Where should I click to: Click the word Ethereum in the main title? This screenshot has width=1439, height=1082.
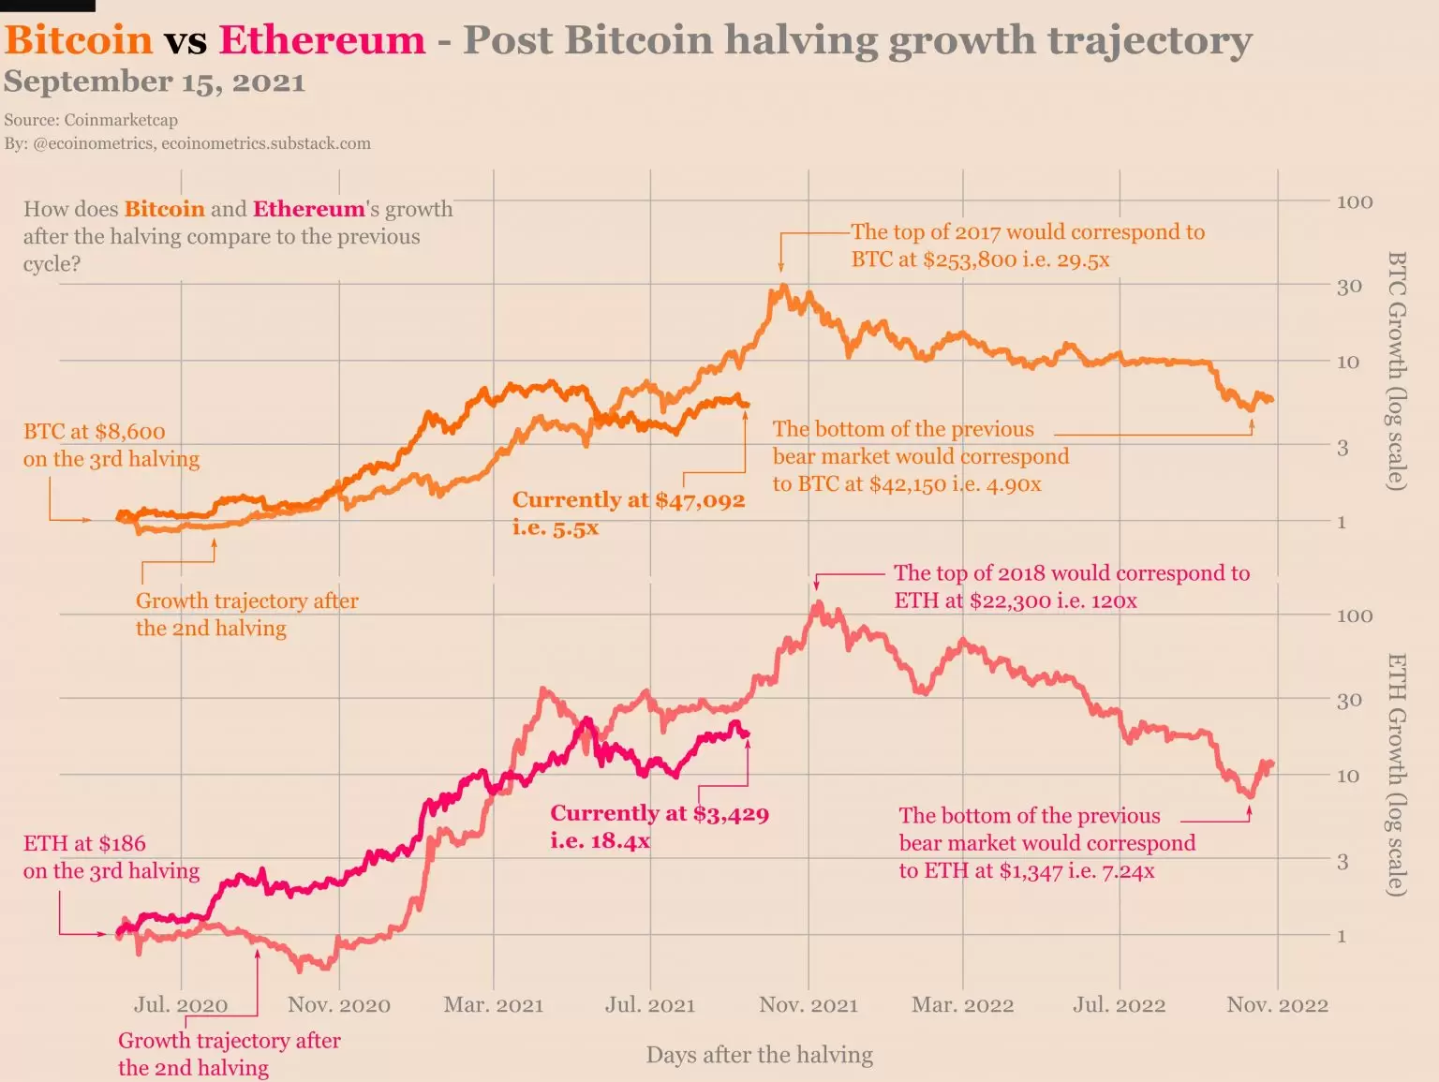(321, 40)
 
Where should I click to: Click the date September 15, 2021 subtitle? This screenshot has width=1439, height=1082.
(155, 82)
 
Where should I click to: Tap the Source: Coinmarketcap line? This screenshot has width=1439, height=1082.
(91, 120)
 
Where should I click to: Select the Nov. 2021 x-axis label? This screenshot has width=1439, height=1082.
(809, 1005)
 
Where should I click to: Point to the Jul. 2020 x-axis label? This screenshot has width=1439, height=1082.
(181, 1005)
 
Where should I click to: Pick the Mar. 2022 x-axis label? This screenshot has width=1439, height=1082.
(962, 1005)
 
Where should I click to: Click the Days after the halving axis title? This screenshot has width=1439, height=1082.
(759, 1055)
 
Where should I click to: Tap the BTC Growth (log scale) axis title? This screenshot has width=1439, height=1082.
(1396, 370)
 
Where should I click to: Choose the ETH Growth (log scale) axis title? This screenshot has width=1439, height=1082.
(1396, 775)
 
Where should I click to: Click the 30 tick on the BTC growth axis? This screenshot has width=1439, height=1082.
(1349, 287)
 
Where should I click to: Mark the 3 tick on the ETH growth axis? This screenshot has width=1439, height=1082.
(1343, 861)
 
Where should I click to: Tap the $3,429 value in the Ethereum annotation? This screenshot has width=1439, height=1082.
(731, 813)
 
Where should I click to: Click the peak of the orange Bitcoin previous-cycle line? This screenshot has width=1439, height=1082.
(784, 287)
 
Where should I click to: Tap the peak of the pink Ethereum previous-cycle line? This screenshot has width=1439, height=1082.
(818, 605)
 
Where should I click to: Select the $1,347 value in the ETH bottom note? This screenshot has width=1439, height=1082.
(1031, 871)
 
